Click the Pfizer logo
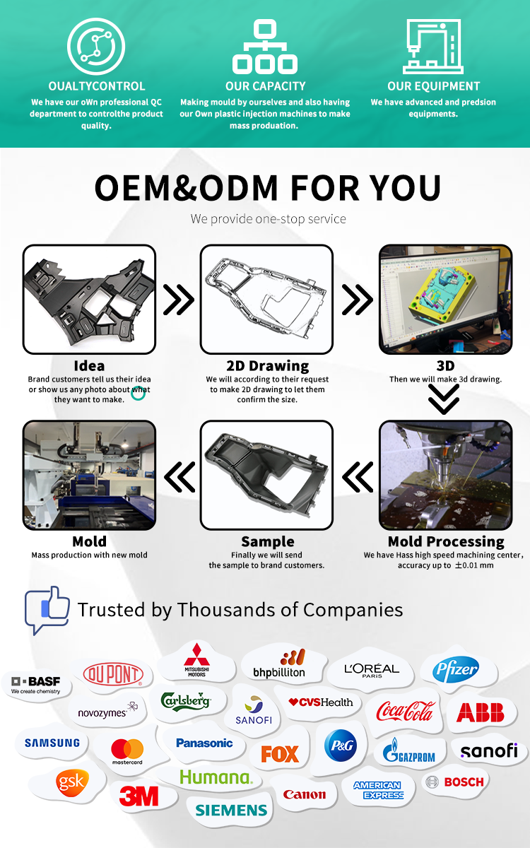coord(455,670)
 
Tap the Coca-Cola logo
coord(405,712)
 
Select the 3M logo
coord(139,796)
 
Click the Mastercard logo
coord(127,751)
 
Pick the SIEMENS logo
coord(231,810)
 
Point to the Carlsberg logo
coord(185,701)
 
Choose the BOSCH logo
coord(455,782)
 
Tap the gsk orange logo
coord(72,782)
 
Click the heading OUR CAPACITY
coord(266,86)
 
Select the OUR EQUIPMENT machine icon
coord(433,46)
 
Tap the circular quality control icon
coord(96,46)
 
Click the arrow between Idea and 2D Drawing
coord(178,300)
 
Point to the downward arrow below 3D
coord(444,399)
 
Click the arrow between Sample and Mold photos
coord(179,477)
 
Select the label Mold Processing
coord(446,542)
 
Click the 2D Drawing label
coord(268,366)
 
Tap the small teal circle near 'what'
coord(139,394)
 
